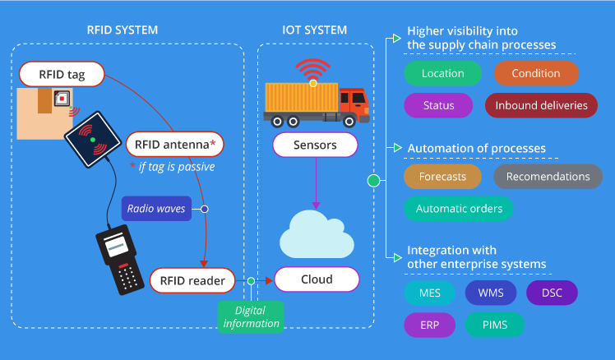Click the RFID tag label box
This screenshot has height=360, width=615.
pos(62,75)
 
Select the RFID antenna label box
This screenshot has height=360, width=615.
pos(174,145)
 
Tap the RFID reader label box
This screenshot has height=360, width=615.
pos(192,280)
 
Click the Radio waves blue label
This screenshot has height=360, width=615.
pos(156,209)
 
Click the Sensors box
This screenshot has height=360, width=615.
pos(316,145)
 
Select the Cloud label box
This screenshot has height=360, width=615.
pos(316,279)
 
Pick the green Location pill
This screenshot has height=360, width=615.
pos(442,73)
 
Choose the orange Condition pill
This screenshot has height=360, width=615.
pos(535,73)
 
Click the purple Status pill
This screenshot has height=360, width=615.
pos(438,105)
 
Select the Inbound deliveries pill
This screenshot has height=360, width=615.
pos(541,105)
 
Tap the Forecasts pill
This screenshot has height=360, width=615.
pos(442,177)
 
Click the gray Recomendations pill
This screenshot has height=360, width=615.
pos(548,177)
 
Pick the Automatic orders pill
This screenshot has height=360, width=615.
pos(459,209)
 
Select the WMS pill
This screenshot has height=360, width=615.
pos(491,293)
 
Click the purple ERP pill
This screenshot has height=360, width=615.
pos(430,325)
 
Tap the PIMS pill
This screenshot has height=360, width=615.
pos(495,325)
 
